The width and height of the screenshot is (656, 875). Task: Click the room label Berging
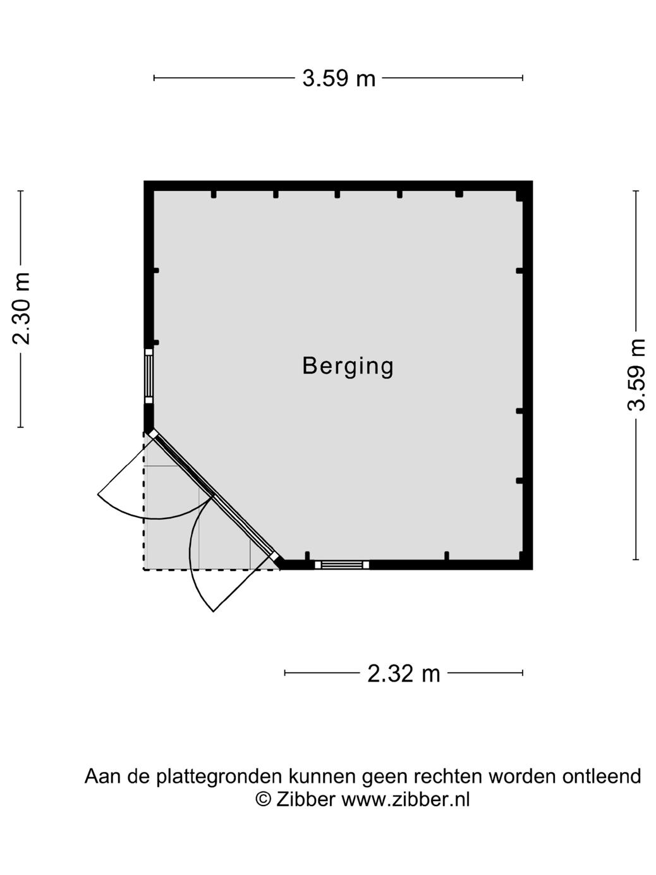tap(348, 366)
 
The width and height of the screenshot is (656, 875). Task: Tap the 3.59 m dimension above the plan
tap(339, 78)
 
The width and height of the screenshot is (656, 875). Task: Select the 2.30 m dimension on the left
tap(21, 309)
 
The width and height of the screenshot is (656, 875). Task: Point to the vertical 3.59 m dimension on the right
tap(636, 375)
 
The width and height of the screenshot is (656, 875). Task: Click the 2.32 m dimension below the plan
tap(403, 673)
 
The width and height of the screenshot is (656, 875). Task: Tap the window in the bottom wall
tap(342, 565)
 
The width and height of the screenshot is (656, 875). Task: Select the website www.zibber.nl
tap(406, 800)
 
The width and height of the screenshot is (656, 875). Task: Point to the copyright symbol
tap(263, 800)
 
